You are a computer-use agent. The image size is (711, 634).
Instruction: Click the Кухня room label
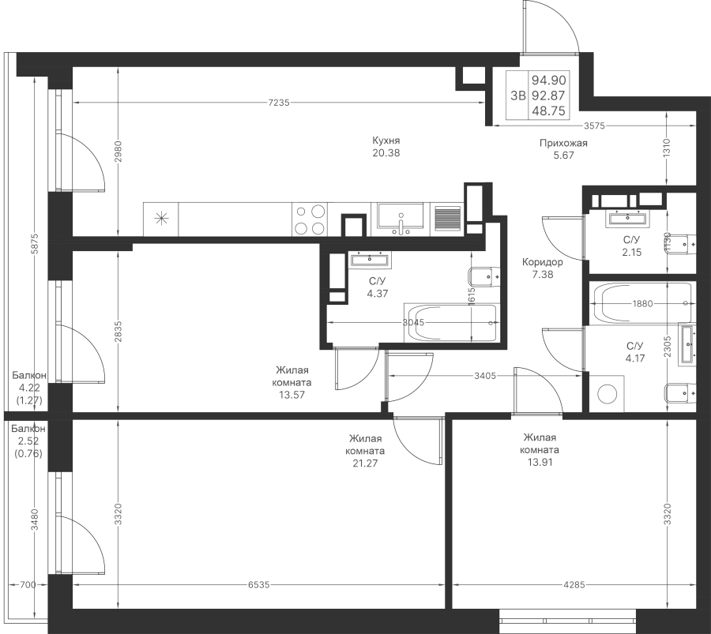click(x=386, y=141)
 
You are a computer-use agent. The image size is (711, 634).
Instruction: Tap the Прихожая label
click(x=563, y=143)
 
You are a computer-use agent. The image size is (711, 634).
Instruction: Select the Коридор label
click(x=542, y=262)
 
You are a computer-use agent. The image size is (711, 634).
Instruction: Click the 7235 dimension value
click(x=278, y=103)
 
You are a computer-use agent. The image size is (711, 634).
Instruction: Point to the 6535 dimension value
click(x=258, y=584)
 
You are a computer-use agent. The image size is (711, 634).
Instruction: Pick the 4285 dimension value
click(x=574, y=584)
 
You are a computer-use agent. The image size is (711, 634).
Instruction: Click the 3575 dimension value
click(x=594, y=126)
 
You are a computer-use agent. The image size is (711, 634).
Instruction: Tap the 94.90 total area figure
click(x=549, y=81)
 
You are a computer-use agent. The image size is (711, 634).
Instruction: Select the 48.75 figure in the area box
click(x=549, y=111)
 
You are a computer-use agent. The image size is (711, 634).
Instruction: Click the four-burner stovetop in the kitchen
click(x=310, y=219)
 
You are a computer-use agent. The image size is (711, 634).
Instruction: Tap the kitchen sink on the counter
click(x=401, y=219)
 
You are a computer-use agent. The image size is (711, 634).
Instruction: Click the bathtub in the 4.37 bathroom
click(x=452, y=323)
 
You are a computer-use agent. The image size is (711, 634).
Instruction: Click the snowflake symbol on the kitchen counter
click(x=161, y=219)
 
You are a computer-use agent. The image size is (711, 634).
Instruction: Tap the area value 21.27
click(x=365, y=463)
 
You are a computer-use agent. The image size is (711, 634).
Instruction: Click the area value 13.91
click(x=540, y=462)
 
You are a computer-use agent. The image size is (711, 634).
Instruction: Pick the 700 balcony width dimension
click(x=28, y=584)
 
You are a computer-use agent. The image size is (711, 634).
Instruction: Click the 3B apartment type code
click(x=517, y=96)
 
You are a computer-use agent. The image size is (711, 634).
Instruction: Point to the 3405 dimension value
click(x=485, y=376)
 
